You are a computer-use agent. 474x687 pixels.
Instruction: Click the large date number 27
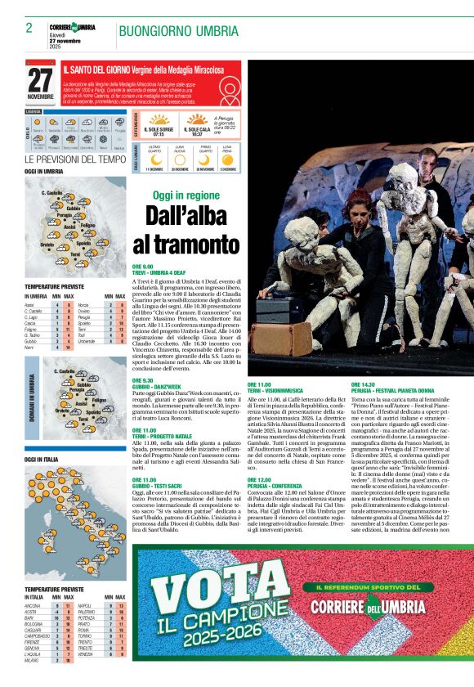(40, 79)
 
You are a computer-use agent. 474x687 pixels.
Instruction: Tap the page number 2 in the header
(29, 28)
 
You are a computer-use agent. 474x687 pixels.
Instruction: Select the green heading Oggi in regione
(186, 195)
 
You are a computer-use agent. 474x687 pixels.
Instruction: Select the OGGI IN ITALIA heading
(41, 460)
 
